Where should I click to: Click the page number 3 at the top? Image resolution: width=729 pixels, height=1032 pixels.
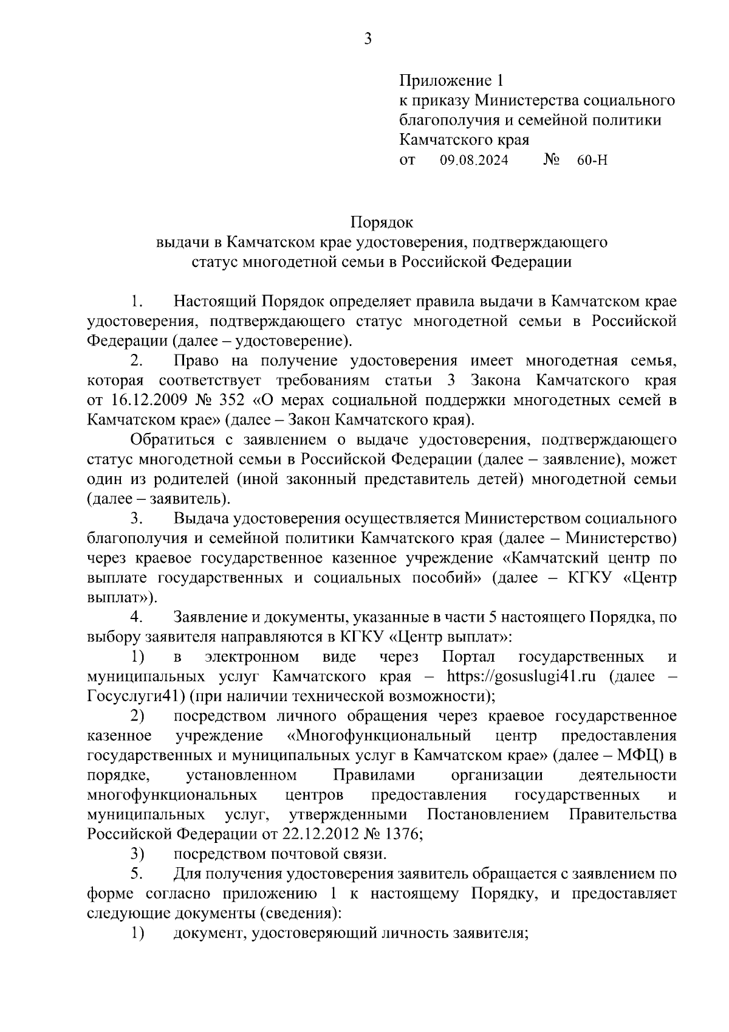[367, 40]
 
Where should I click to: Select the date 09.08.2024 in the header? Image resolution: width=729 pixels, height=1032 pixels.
[474, 161]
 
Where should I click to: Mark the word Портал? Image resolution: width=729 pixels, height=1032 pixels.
[468, 657]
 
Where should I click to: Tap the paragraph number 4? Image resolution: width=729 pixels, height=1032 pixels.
[135, 617]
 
